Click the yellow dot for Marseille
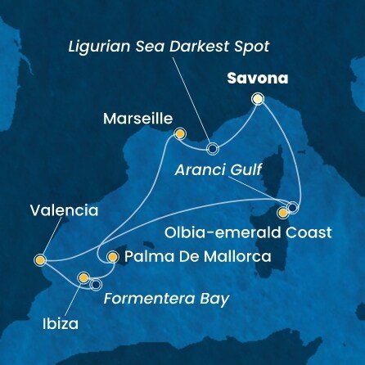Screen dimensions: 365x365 point(179,133)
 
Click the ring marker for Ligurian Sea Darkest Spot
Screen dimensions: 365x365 point(213,149)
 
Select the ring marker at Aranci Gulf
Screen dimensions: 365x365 point(293,206)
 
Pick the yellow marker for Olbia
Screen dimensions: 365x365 point(283,213)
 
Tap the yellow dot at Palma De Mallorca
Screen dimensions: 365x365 point(112,256)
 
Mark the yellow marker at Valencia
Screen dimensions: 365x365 point(40,260)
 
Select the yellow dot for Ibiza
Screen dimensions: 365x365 point(83,278)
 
